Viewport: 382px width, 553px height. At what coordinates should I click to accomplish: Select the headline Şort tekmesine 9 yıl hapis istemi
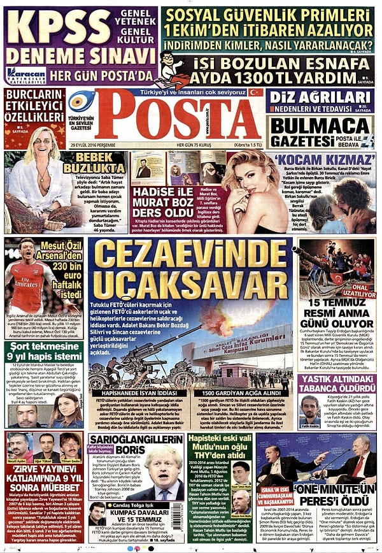[x=43, y=350]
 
